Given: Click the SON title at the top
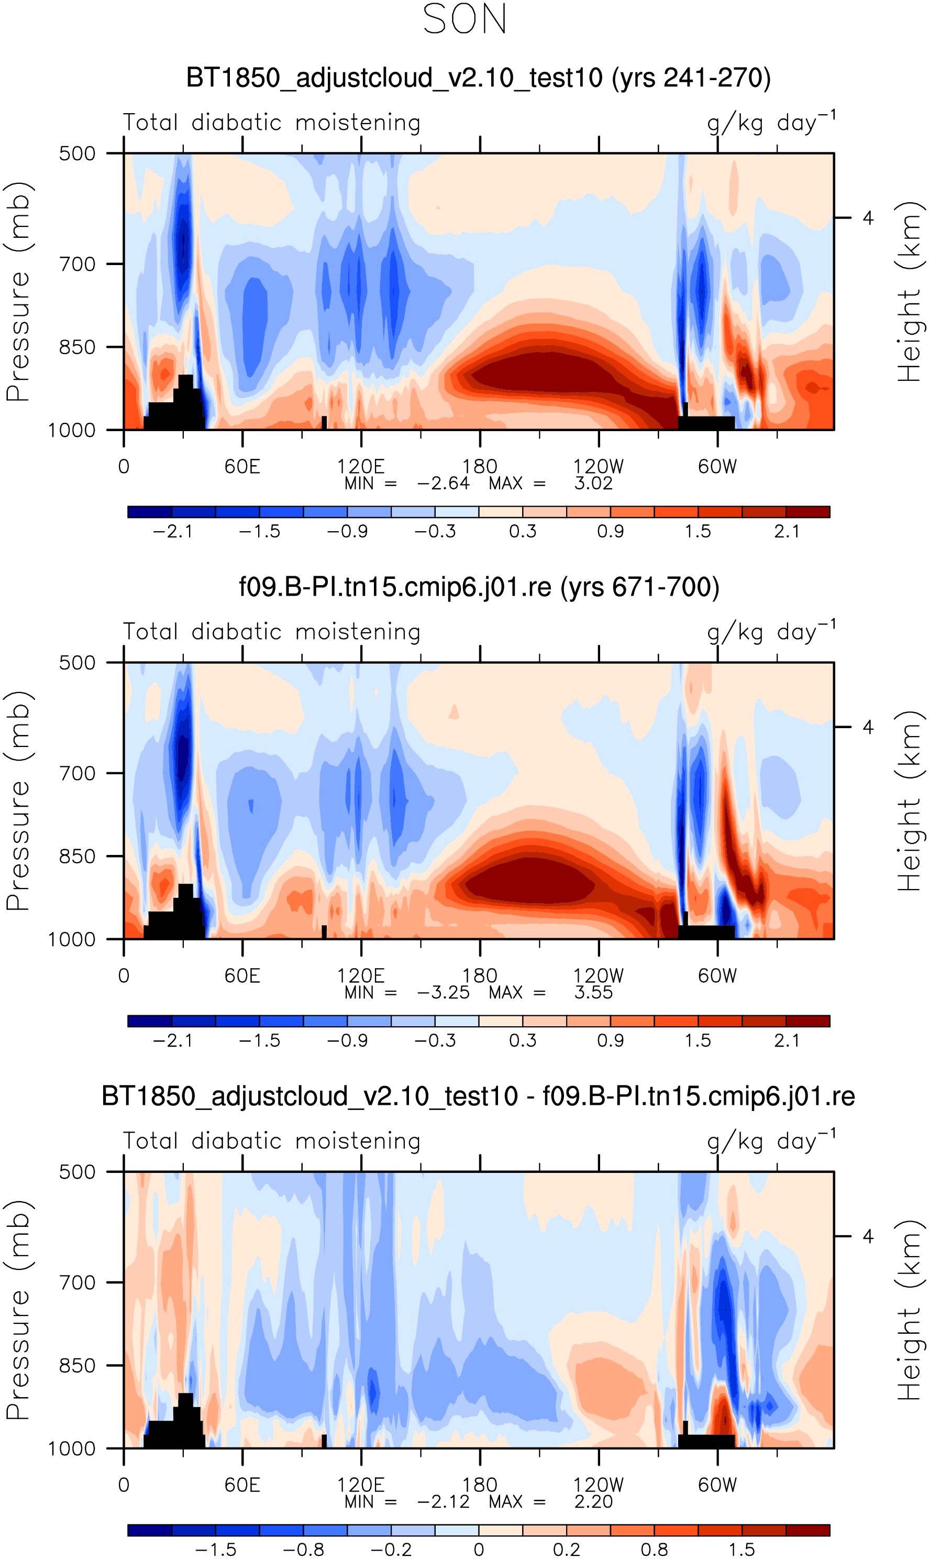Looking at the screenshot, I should pyautogui.click(x=464, y=19).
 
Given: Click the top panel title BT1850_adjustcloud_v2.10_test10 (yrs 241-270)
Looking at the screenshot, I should pyautogui.click(x=478, y=78).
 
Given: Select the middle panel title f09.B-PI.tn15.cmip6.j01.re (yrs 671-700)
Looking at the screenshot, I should pyautogui.click(x=479, y=587).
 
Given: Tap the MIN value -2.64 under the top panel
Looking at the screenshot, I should pyautogui.click(x=443, y=484).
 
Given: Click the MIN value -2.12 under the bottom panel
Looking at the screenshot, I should pyautogui.click(x=443, y=1501).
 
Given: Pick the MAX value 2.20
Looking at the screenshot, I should pyautogui.click(x=593, y=1501).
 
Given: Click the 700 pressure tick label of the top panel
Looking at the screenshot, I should pyautogui.click(x=77, y=264).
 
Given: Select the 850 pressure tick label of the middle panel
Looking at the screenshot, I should pyautogui.click(x=77, y=857).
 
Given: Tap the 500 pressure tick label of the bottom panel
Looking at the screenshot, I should pyautogui.click(x=77, y=1172).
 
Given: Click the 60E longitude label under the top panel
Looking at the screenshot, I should pyautogui.click(x=242, y=467).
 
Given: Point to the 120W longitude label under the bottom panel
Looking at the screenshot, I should pyautogui.click(x=599, y=1485).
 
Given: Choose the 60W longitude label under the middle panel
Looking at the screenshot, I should pyautogui.click(x=717, y=976).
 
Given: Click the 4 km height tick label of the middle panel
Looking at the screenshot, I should pyautogui.click(x=868, y=728).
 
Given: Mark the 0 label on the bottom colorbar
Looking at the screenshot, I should pyautogui.click(x=479, y=1550).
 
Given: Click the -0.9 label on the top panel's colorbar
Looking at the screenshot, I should pyautogui.click(x=347, y=532).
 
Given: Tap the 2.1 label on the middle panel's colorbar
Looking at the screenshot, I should pyautogui.click(x=786, y=1040).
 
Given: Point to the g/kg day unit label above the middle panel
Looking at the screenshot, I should pyautogui.click(x=771, y=632).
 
